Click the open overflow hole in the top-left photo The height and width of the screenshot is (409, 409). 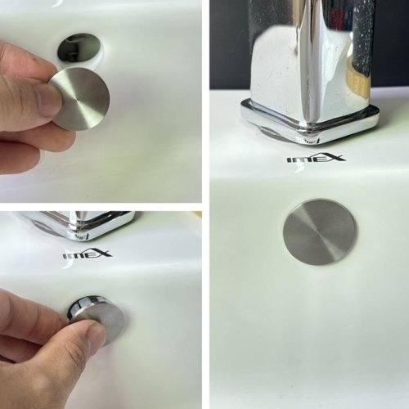tap(79, 47)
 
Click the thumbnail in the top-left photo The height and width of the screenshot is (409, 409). tap(49, 99)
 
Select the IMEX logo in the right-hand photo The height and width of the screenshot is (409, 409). tap(316, 159)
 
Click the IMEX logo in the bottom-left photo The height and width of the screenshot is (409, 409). tap(87, 255)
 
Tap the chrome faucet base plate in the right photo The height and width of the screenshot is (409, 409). tap(309, 121)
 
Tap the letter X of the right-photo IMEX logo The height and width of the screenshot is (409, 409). tap(335, 158)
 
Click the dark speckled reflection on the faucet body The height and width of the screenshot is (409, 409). tap(362, 41)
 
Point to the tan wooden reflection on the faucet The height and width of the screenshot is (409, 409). tap(359, 82)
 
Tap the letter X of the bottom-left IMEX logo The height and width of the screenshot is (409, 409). tap(104, 254)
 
